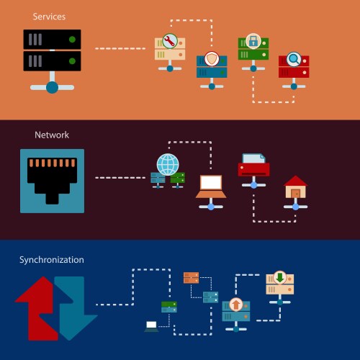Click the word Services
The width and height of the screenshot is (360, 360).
tap(48, 15)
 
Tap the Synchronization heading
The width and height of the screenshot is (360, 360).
tap(51, 259)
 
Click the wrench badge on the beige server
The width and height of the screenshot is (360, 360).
tap(170, 41)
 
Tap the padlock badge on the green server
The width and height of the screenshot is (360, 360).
tap(253, 40)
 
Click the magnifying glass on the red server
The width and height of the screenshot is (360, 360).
tap(294, 58)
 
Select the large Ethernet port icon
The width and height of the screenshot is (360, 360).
tap(52, 180)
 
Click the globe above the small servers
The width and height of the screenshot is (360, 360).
tap(168, 163)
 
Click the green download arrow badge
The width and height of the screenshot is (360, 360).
tap(279, 277)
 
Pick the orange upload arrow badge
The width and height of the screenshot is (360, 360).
tap(235, 305)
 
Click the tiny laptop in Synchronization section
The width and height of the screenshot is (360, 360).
tap(151, 326)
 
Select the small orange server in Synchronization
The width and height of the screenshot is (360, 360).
tap(191, 278)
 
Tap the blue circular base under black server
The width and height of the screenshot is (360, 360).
tap(52, 87)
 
